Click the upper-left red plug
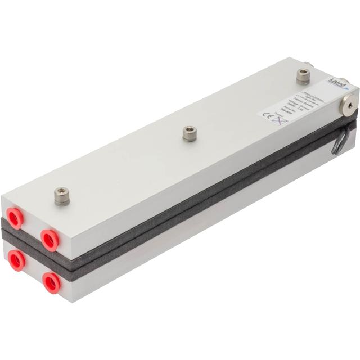point(15,218)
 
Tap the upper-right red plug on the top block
point(50,240)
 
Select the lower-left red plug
point(16,260)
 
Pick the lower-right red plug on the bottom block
point(52,282)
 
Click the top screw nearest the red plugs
point(62,196)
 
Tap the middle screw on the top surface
point(190,133)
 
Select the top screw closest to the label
point(303,75)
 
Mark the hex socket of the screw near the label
point(303,73)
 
